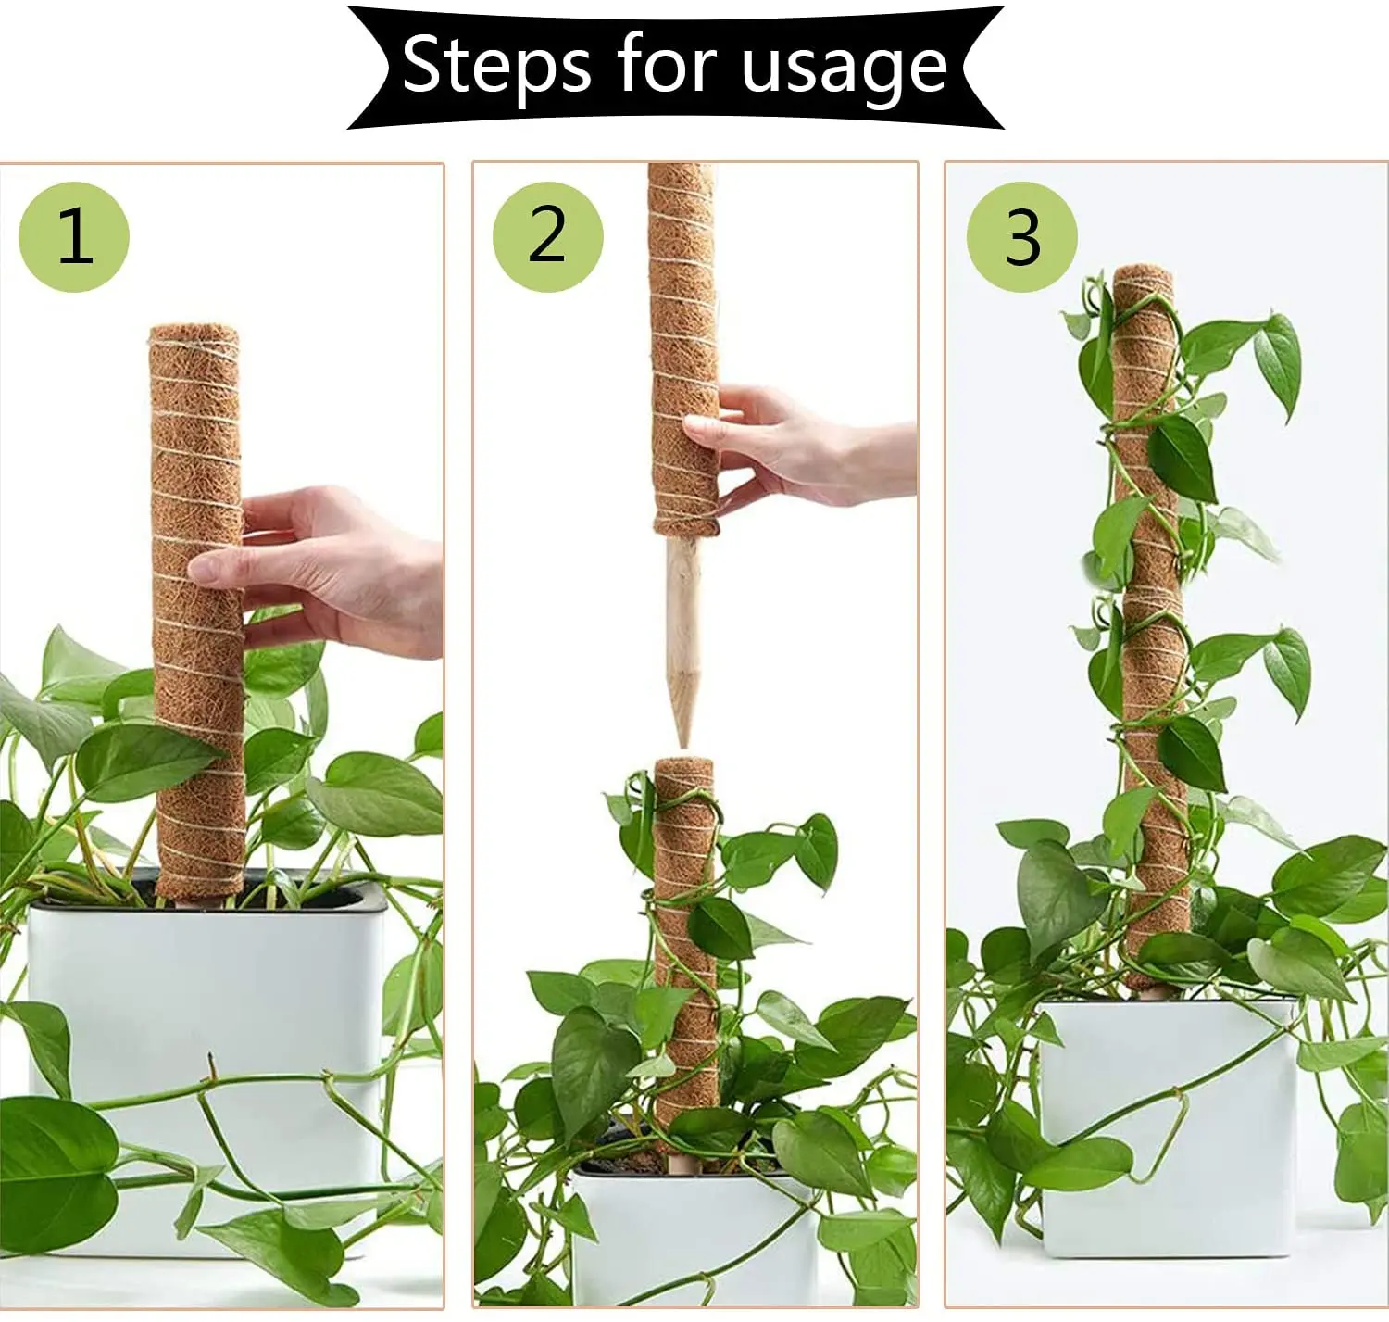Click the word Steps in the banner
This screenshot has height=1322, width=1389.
point(496,65)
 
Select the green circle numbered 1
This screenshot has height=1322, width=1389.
point(74,237)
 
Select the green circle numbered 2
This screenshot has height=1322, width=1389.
point(547,237)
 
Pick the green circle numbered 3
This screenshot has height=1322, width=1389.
point(1022,237)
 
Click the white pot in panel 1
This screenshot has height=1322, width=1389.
point(204,1001)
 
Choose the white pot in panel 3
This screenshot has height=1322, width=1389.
point(1167,1130)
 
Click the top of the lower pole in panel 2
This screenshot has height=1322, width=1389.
point(684,765)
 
